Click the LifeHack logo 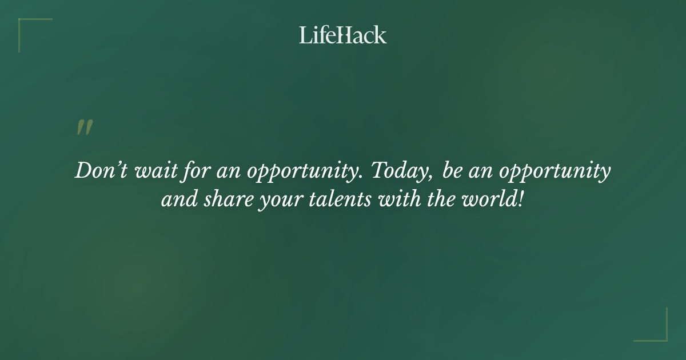tap(343, 35)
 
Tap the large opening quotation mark tap(84, 128)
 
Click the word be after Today tap(452, 171)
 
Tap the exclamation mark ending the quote tap(519, 201)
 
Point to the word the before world tap(426, 201)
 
